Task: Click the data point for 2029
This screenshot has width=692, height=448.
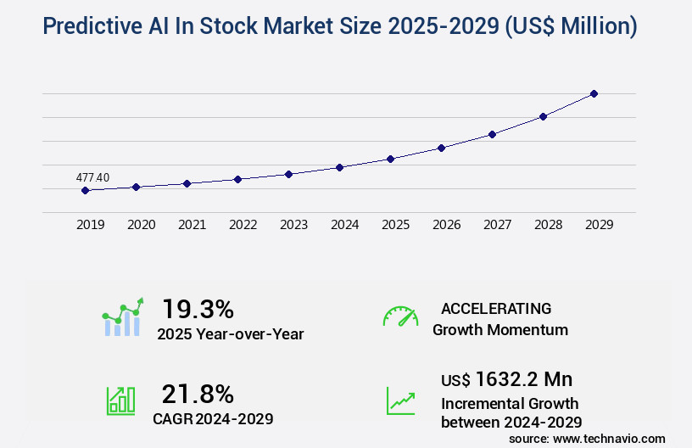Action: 594,93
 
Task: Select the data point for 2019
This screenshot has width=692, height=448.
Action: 85,190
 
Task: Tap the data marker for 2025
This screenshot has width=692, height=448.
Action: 390,159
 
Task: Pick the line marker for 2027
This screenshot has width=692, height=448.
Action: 492,134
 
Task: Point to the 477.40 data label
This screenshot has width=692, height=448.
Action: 92,177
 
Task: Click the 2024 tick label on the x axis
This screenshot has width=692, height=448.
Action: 344,225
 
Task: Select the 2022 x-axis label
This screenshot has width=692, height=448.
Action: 243,225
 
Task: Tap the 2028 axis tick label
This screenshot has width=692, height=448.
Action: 548,225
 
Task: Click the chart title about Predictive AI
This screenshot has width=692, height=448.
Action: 339,26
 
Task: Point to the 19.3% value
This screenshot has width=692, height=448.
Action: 198,309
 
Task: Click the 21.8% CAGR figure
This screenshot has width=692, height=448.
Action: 198,394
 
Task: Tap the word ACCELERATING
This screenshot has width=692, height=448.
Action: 496,309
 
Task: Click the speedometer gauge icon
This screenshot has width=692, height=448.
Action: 400,316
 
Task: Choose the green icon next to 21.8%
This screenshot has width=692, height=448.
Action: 120,400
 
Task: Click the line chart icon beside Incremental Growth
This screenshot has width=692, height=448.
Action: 400,400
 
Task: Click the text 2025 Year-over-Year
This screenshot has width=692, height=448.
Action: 230,334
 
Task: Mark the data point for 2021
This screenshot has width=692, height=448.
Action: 187,183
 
